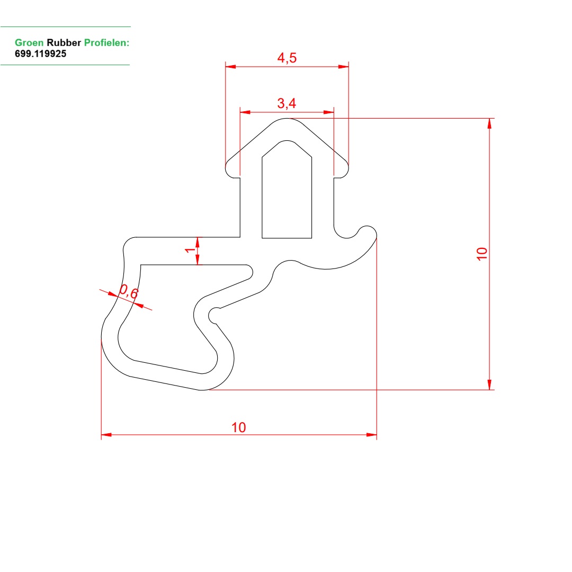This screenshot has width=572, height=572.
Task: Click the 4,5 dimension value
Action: (287, 58)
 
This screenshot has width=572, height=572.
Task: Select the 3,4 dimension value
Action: (287, 103)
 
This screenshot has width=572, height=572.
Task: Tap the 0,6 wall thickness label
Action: (129, 291)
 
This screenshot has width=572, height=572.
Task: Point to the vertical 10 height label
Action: (482, 254)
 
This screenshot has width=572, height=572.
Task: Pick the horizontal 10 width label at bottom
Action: (238, 427)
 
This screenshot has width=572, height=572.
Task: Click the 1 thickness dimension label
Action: (190, 250)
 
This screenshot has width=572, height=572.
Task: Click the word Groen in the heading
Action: (29, 43)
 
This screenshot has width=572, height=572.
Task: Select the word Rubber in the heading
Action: (64, 43)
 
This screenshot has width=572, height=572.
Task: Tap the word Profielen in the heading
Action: (106, 43)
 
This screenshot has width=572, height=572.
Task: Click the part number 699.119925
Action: (40, 53)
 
